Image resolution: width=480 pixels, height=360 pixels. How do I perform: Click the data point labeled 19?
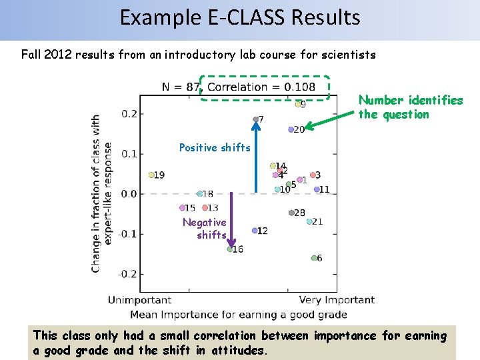coord(152,175)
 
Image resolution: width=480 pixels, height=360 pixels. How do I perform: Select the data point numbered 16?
coord(230,249)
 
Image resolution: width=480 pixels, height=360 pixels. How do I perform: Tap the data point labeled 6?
coord(314,258)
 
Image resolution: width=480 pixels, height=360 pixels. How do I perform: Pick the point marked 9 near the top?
coord(298,104)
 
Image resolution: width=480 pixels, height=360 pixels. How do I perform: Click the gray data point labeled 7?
coord(255,119)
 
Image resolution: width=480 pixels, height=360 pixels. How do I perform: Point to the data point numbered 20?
coord(291,129)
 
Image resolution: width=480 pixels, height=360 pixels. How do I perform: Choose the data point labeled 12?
coord(255,231)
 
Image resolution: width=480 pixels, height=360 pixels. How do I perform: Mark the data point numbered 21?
coord(309,221)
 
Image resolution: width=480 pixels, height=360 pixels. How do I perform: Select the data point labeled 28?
coord(291,213)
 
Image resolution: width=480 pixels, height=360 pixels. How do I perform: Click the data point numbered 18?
coord(199,194)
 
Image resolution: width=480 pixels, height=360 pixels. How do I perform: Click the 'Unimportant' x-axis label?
coord(139,300)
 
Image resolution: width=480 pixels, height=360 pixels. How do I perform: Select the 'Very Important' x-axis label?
coord(337,300)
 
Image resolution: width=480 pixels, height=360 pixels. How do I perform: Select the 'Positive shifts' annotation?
coord(215,147)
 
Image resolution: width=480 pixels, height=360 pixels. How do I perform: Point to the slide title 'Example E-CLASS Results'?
coord(240,17)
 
